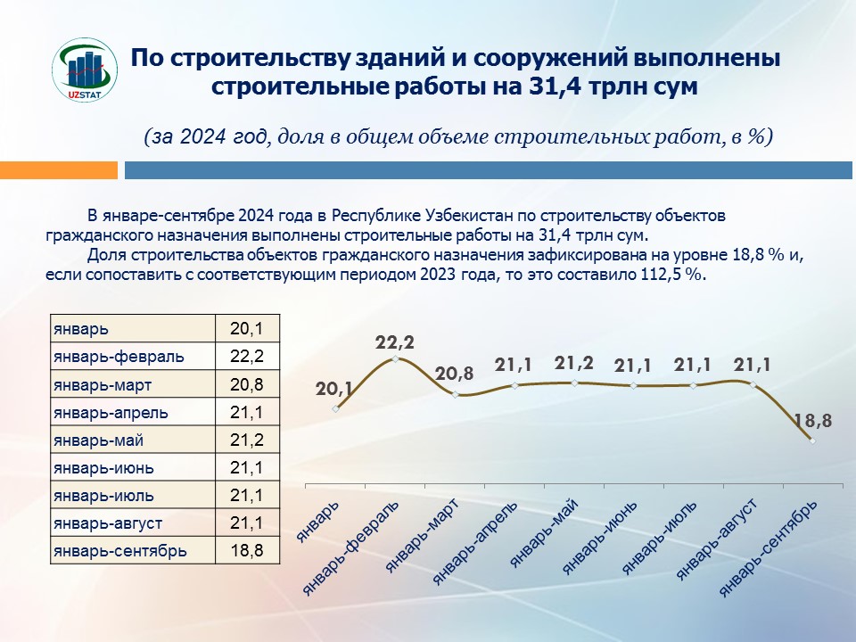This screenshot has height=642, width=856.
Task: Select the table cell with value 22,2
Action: click(246, 357)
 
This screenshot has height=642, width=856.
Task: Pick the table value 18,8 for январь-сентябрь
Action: click(246, 550)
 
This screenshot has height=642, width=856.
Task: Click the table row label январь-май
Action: click(98, 440)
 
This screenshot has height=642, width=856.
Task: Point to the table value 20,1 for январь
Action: click(246, 329)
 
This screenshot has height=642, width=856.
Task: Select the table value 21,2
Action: click(246, 440)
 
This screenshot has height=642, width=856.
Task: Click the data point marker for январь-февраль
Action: click(395, 360)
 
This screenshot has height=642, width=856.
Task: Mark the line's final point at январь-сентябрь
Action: click(812, 440)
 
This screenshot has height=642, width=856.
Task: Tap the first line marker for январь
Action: click(335, 409)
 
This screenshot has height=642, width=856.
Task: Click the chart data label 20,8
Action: click(455, 374)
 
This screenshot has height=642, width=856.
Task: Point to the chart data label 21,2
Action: click(573, 363)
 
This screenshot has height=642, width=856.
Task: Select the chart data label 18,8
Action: click(812, 420)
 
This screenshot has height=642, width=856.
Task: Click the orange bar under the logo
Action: click(59, 169)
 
